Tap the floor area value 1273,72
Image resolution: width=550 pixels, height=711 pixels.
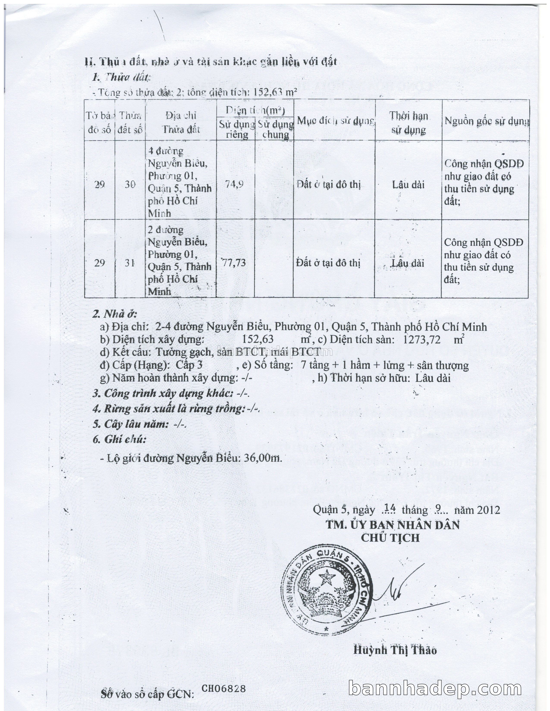422,340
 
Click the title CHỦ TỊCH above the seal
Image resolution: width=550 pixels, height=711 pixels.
390,538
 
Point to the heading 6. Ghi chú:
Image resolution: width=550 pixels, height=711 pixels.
119,439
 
